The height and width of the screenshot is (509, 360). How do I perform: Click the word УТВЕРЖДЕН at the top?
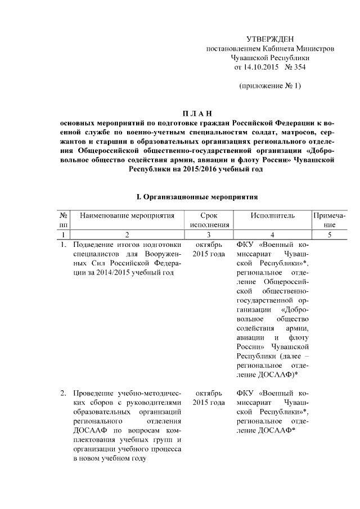pyautogui.click(x=270, y=38)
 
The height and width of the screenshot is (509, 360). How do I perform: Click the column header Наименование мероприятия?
pyautogui.click(x=127, y=215)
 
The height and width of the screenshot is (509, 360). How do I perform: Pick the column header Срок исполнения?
pyautogui.click(x=209, y=220)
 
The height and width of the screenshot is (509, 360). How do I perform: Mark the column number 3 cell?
pyautogui.click(x=209, y=235)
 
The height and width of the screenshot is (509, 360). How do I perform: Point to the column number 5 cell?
pyautogui.click(x=329, y=235)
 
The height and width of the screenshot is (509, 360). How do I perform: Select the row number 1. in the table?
pyautogui.click(x=64, y=245)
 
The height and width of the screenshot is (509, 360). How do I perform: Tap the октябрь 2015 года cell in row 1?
pyautogui.click(x=209, y=250)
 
